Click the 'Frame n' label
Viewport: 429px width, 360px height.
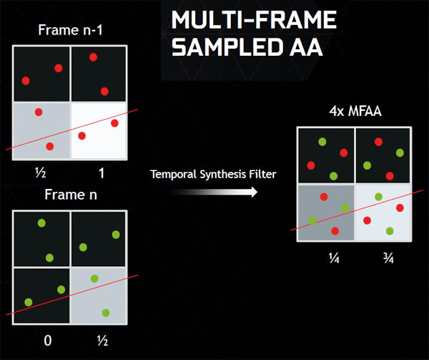click(x=69, y=195)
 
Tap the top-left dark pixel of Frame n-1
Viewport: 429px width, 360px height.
click(x=41, y=74)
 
